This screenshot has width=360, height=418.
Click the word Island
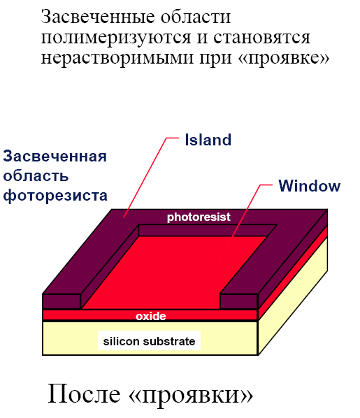pos(208,140)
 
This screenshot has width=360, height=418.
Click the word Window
pos(310,186)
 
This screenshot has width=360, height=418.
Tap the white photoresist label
pos(199,217)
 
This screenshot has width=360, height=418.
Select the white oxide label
pos(151,316)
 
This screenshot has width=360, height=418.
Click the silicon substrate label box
pos(149,340)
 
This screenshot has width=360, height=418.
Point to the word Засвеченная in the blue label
pos(55,156)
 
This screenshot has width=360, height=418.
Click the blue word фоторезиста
pos(55,196)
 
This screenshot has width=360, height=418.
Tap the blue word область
pos(36,176)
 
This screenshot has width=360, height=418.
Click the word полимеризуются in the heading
pos(116,38)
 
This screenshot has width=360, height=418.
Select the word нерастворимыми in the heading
pos(117,57)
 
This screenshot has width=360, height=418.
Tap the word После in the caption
pos(85,394)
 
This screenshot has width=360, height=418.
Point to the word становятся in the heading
pos(261,38)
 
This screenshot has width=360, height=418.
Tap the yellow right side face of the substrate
pos(294,296)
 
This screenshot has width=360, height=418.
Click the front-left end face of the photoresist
pos(62,301)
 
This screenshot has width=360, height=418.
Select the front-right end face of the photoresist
pos(238,301)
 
